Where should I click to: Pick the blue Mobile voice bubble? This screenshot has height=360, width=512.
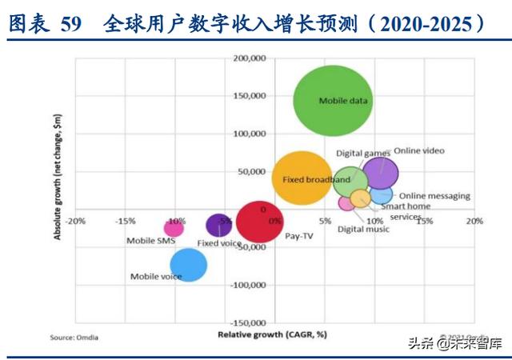(189, 265)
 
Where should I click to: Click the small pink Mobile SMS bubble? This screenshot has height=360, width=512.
(174, 228)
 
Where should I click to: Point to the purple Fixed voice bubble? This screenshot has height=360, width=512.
(218, 226)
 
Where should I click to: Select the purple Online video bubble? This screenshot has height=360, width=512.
(381, 174)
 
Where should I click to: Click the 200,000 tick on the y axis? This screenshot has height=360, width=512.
(249, 58)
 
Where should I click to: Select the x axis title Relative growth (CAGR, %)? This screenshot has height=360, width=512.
(272, 334)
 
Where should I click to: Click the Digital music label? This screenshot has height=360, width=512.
(363, 230)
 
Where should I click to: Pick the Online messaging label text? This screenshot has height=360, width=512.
(434, 196)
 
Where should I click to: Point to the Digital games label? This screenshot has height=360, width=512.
(362, 152)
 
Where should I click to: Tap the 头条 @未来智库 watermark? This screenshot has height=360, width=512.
(451, 345)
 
